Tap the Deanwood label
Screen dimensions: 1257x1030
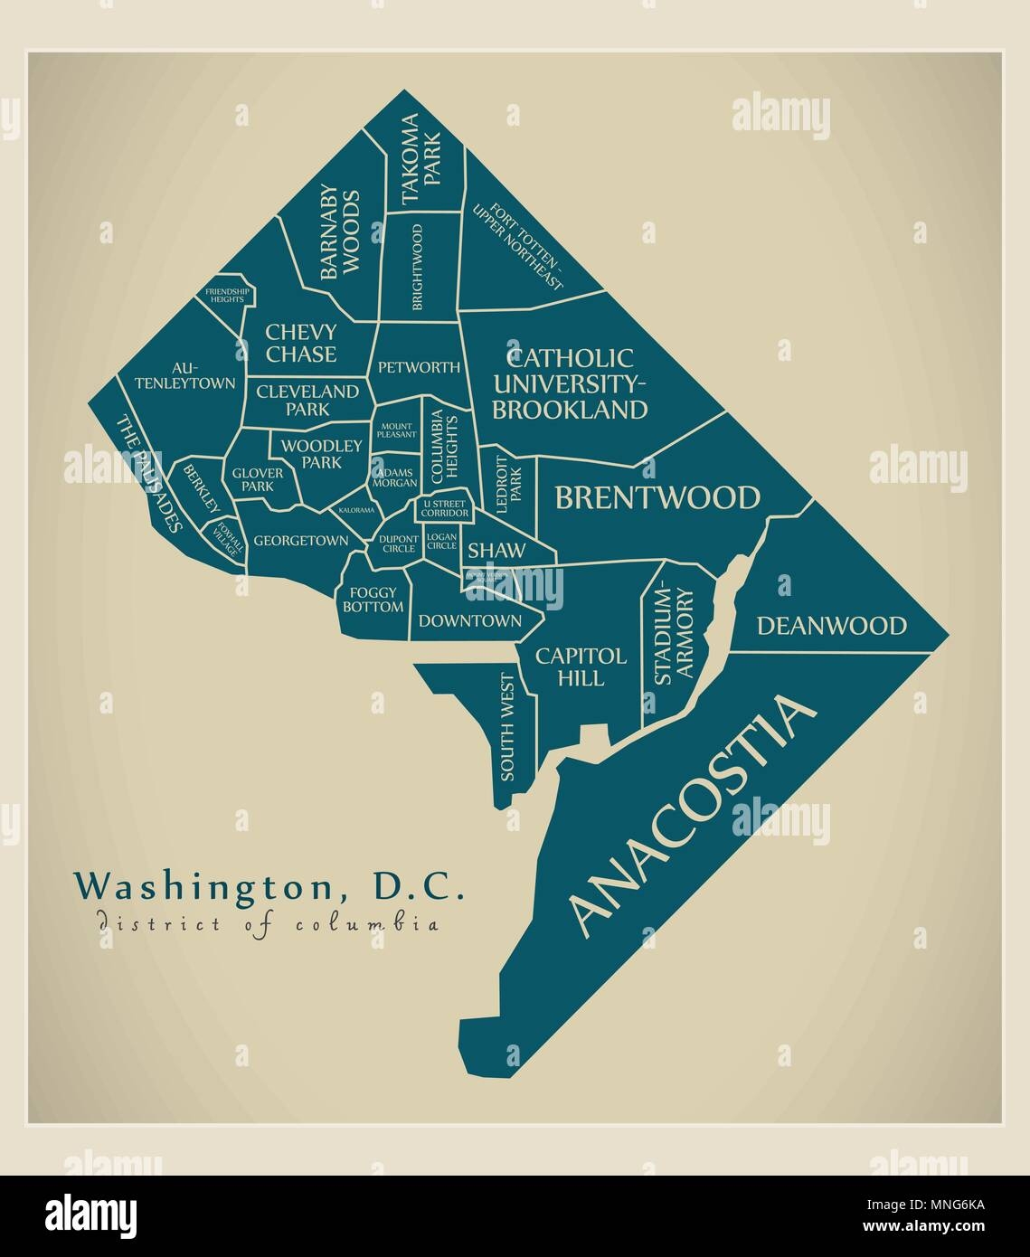831,626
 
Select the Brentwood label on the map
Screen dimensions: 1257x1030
657,498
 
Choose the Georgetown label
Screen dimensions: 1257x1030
301,541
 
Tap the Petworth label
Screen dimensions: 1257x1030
419,368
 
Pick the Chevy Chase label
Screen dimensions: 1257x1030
301,343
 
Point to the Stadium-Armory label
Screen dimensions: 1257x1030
673,636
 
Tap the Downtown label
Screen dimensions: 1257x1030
469,621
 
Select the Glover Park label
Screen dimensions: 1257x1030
258,479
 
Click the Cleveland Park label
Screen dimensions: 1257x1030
307,400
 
